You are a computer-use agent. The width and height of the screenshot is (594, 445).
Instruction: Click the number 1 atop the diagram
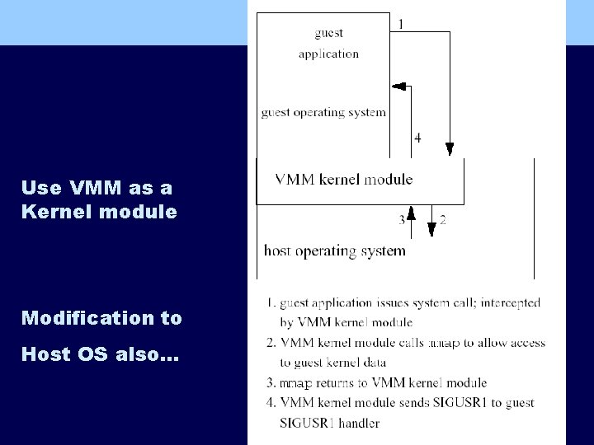click(x=401, y=24)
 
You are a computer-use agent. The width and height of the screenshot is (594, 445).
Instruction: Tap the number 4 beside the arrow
click(x=417, y=138)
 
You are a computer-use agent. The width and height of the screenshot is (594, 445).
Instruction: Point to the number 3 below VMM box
click(x=402, y=220)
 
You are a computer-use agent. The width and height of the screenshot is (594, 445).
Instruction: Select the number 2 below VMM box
click(x=442, y=220)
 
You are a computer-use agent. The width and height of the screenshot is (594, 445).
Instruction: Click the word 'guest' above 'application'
click(x=328, y=34)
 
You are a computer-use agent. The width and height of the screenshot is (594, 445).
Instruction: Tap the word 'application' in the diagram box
click(x=328, y=54)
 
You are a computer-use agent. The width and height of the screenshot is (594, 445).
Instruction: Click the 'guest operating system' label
click(x=323, y=112)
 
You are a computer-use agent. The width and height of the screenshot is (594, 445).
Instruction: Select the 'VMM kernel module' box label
click(x=343, y=179)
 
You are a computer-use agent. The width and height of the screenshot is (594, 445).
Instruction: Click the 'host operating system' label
click(x=335, y=250)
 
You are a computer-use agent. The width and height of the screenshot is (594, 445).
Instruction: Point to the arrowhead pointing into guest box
click(x=397, y=87)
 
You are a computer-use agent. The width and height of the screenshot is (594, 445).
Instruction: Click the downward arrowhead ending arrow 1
click(x=449, y=148)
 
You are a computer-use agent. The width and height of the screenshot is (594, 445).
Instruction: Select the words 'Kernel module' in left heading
click(x=99, y=211)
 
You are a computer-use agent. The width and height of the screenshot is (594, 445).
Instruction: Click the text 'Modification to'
click(x=101, y=317)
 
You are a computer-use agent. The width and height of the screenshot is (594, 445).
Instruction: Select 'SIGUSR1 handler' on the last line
click(x=330, y=423)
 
